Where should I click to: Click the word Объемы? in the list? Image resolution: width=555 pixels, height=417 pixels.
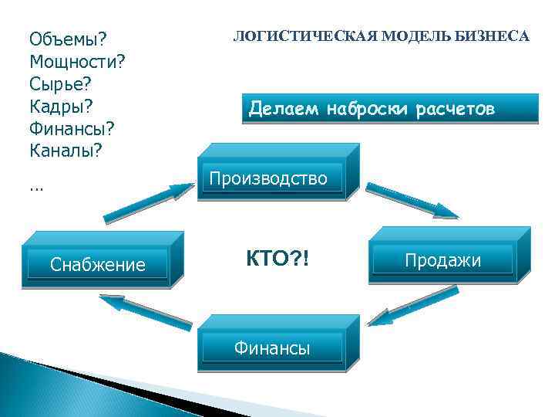coord(68,39)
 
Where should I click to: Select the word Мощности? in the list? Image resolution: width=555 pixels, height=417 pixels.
coord(77,61)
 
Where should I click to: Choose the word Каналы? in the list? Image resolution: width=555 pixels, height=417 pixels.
coord(66,149)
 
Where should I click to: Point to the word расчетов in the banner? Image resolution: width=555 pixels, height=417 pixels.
coord(455,110)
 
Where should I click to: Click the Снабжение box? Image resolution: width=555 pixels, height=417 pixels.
coord(97,265)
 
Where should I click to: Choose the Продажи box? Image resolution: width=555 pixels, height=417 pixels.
coord(443,260)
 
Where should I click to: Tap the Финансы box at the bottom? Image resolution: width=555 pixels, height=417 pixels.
coord(272,349)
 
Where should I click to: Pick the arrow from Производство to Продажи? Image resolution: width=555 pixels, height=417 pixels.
coord(412,199)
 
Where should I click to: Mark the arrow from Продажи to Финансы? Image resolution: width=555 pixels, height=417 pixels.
coord(412,306)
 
